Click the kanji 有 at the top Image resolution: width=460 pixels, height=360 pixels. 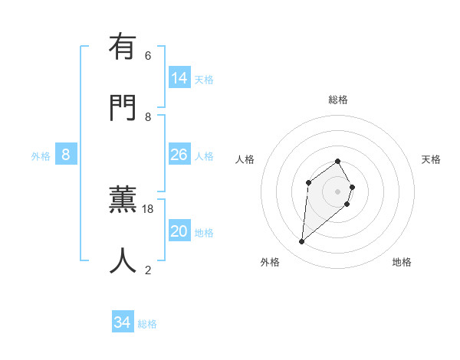coord(123,48)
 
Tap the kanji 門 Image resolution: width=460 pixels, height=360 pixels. coord(123,108)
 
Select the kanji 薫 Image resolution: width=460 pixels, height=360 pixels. coord(123,201)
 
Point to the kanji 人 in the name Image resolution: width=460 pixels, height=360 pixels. coord(123,261)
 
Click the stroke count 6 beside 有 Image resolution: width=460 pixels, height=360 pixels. coord(148,56)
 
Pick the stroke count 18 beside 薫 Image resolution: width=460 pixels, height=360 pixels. coord(148,209)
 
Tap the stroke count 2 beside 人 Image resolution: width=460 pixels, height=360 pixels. coord(148,270)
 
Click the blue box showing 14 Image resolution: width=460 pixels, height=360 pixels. coord(179,77)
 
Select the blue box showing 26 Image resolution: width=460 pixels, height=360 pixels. coord(179,155)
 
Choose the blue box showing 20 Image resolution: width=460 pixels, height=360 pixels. coord(179,231)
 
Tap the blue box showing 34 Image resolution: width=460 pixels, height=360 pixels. coord(123,322)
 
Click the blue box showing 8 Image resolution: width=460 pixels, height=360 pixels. coord(66,154)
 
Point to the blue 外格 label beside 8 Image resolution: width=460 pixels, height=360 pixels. coord(41,156)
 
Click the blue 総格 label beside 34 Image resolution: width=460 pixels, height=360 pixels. coord(147,324)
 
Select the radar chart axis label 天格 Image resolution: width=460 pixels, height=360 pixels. coord(431,159)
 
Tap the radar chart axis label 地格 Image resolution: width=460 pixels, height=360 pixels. coord(402,262)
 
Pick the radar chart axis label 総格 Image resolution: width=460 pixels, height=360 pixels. coord(338,100)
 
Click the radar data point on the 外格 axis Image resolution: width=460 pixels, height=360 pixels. coord(302,242)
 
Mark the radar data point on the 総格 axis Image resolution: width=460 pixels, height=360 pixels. coord(338,162)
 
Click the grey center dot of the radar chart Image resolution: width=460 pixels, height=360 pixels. coord(338,191)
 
